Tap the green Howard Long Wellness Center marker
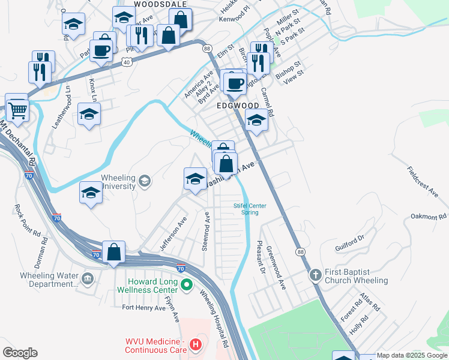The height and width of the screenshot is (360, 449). pos(186,285)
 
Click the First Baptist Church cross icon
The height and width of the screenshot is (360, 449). pos(316,275)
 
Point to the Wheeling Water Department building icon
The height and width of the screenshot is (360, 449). pos(87,278)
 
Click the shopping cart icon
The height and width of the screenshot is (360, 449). pos(17,109)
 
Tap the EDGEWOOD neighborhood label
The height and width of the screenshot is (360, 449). pos(237,106)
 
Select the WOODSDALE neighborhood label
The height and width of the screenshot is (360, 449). pos(157,4)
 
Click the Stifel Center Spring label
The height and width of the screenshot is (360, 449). pos(250,209)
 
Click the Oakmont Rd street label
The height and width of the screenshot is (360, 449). pos(429,217)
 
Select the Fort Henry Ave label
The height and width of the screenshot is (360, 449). pos(143,308)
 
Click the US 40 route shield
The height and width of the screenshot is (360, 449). pos(126,61)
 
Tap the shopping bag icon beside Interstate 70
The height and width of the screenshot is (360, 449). pos(113,253)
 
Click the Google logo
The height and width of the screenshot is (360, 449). pos(20,353)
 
